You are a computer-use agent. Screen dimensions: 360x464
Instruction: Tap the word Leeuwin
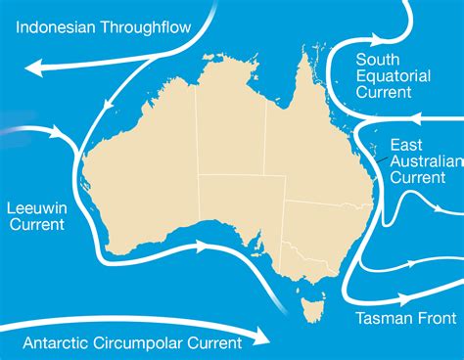(35, 207)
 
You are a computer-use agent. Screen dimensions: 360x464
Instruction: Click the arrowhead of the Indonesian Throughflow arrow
(33, 67)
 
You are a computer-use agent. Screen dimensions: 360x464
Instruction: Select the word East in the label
(406, 145)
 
